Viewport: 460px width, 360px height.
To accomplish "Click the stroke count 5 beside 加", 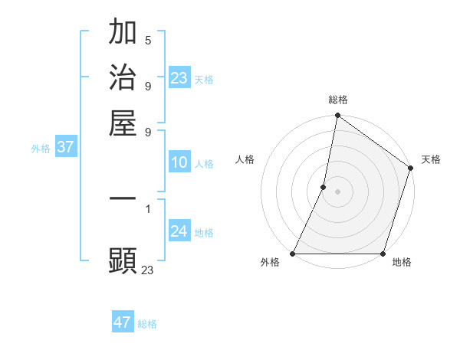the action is pos(147,40).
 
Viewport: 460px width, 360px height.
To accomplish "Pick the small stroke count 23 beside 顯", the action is pos(147,269).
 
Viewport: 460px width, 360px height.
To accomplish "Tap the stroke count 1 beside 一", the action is pos(147,208).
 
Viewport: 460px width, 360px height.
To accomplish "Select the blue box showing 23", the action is pos(179,77).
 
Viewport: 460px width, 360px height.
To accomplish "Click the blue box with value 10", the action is pos(179,162).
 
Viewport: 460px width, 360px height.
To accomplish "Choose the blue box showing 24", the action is pos(179,231).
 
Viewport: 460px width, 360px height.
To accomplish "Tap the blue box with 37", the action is pos(65,147).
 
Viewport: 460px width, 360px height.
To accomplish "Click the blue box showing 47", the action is pos(123,322).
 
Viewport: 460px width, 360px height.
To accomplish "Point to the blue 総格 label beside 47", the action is pos(147,324).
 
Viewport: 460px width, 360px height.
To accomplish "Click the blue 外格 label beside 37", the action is pos(41,149).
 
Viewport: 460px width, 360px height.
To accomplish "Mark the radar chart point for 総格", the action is pos(337,116).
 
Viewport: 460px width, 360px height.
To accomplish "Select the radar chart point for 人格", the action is pos(324,187).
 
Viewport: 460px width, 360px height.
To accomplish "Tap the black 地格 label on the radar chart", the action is pos(402,263).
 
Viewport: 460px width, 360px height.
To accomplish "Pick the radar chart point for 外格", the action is pos(293,254).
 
